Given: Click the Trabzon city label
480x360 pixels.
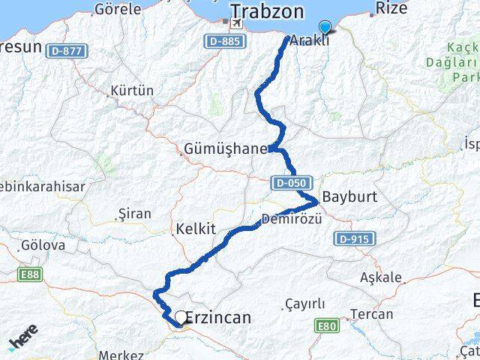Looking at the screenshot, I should click(267, 11).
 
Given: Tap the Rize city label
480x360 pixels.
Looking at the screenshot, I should click(391, 8).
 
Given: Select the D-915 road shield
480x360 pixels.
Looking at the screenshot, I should click(349, 238).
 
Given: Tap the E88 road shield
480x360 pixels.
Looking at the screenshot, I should click(30, 275).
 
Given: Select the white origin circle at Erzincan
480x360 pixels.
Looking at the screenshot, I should click(181, 317).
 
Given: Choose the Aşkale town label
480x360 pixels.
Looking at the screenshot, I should click(381, 277).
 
